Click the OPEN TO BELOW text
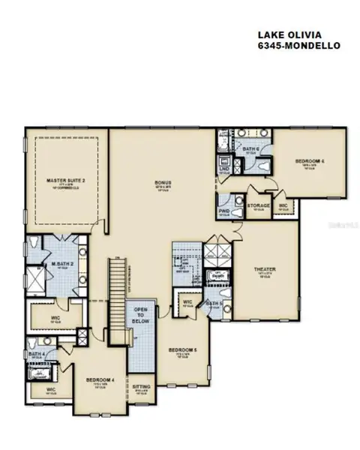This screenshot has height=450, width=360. (141, 316)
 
